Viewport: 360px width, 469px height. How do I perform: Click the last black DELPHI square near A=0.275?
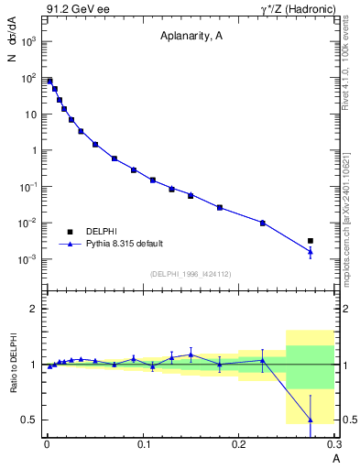click(x=311, y=241)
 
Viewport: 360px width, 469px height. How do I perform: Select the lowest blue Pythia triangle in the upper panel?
click(x=311, y=252)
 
